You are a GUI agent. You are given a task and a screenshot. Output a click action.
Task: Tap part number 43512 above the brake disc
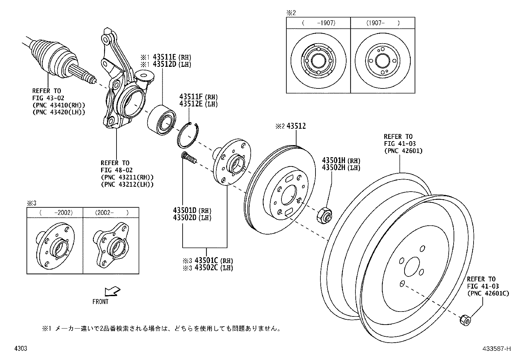[296, 126]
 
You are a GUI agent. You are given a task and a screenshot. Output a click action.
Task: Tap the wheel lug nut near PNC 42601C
[465, 319]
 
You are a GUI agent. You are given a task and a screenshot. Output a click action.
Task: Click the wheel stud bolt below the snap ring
[189, 158]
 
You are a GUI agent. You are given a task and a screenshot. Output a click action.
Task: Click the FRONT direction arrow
[111, 291]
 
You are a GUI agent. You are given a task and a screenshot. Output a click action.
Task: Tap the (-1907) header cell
[318, 23]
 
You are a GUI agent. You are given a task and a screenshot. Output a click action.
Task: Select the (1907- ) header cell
[383, 23]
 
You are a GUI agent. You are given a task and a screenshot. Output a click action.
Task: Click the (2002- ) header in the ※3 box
[111, 212]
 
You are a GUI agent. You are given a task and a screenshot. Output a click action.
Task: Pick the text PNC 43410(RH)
[59, 105]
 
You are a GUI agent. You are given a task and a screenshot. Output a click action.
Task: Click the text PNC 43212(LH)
[127, 184]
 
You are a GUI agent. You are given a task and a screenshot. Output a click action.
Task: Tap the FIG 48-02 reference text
[115, 170]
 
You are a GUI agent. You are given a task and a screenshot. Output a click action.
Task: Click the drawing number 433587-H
[496, 349]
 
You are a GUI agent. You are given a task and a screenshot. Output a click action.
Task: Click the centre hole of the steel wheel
[412, 265]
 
